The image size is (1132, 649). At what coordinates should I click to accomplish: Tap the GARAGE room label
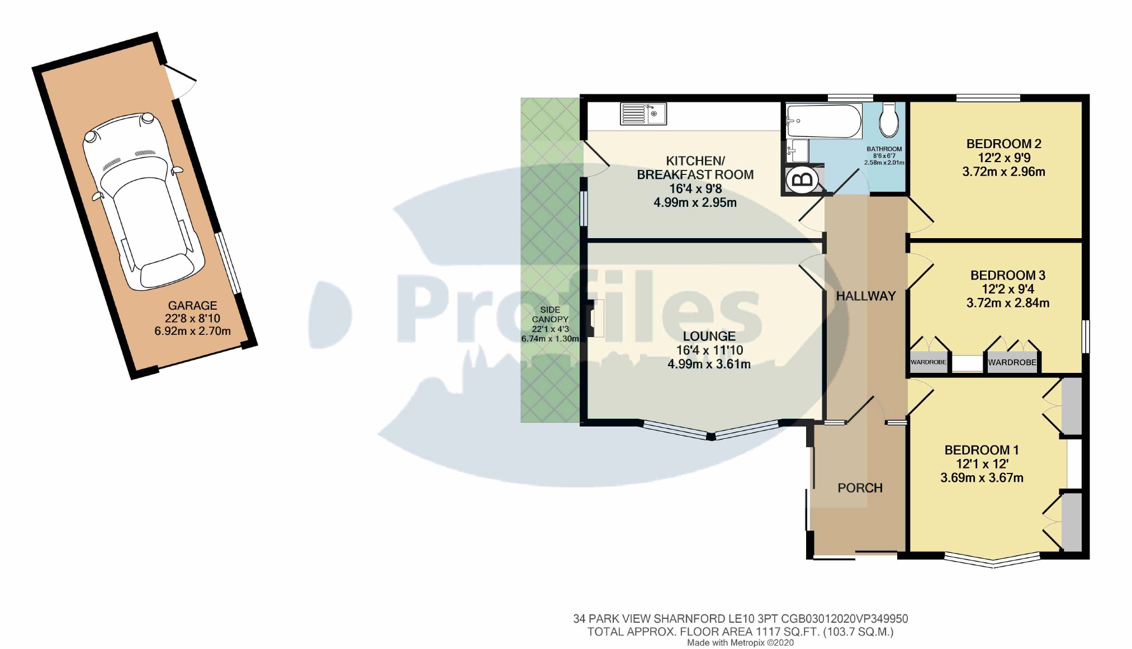(192, 306)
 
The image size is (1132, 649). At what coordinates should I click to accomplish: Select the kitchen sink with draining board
(643, 113)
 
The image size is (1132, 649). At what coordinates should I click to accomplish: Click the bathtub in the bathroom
(823, 121)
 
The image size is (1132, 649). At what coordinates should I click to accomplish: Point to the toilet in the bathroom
(888, 120)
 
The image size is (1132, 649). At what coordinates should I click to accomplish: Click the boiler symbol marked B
(803, 180)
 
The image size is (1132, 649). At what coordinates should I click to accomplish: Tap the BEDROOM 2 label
(1003, 144)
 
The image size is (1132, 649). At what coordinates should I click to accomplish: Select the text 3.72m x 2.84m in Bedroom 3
(1007, 303)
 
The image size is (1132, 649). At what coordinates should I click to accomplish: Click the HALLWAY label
(865, 296)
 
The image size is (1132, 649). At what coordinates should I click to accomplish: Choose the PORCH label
(860, 488)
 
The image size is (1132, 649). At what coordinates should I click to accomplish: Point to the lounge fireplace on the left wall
(595, 319)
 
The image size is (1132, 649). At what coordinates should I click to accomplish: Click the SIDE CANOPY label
(550, 314)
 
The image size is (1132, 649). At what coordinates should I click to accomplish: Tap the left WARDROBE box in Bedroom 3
(928, 362)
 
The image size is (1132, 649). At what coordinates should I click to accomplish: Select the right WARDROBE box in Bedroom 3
(1012, 362)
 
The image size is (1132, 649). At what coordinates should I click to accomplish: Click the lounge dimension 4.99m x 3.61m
(709, 364)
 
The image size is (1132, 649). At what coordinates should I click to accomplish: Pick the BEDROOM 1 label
(981, 450)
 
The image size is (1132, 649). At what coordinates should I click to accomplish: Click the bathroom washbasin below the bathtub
(797, 150)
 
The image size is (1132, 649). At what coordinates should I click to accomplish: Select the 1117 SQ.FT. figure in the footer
(788, 632)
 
